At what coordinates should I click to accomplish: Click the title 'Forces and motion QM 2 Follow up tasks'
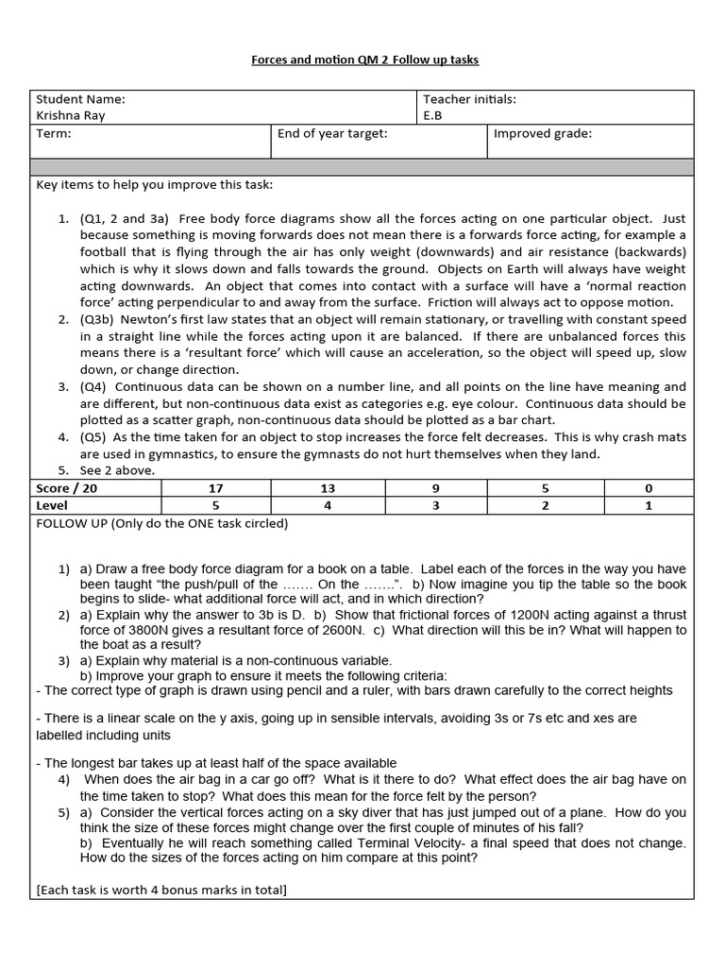(x=364, y=59)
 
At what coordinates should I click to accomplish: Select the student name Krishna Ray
(x=71, y=116)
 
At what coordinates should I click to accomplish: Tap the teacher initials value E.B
(x=432, y=116)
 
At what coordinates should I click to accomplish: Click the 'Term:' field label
(x=54, y=134)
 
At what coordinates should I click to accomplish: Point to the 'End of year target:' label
(x=332, y=134)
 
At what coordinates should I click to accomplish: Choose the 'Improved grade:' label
(x=543, y=134)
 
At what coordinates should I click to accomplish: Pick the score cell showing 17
(x=216, y=488)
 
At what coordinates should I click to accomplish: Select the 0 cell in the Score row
(x=649, y=488)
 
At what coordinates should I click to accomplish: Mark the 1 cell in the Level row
(x=649, y=505)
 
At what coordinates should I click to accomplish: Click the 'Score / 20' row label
(x=66, y=488)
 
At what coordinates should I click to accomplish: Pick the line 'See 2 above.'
(x=114, y=471)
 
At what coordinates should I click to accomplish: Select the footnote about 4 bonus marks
(x=161, y=890)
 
